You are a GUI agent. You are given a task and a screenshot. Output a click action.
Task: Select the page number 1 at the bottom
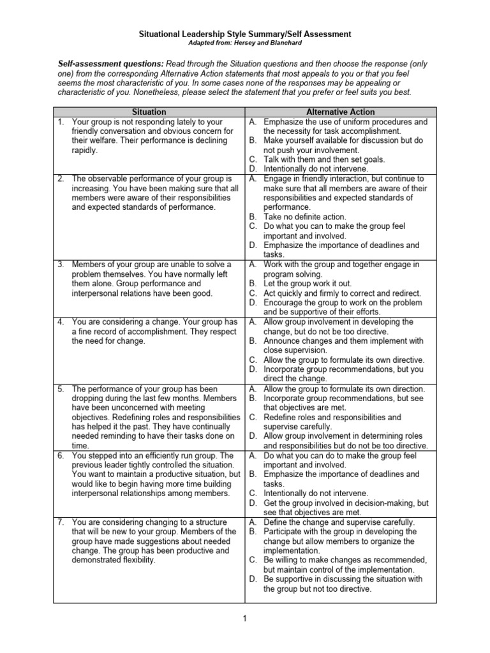point(245,617)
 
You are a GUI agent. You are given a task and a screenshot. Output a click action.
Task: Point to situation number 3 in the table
point(60,264)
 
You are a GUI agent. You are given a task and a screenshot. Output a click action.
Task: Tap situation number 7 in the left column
point(60,522)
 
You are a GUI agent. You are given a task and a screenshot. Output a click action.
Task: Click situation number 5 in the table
point(60,388)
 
